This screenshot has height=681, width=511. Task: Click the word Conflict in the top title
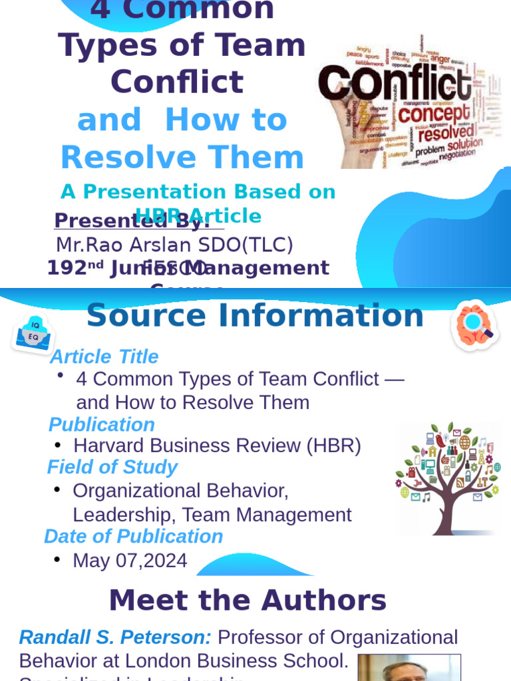(x=177, y=82)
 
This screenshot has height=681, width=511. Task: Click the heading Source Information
(x=255, y=316)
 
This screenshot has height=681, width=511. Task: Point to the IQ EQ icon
(x=33, y=333)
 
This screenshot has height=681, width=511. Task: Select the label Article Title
(x=104, y=357)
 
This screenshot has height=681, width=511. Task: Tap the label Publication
(x=102, y=425)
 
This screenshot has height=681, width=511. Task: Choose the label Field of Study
(x=112, y=468)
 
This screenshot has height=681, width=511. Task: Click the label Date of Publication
(x=133, y=537)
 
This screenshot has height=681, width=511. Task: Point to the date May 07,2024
(x=130, y=561)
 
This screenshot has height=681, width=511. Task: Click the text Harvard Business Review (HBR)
(x=217, y=446)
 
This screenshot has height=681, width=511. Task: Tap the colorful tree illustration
(x=447, y=477)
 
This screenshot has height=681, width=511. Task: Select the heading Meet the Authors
(x=248, y=601)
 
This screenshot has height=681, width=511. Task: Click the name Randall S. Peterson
(x=115, y=638)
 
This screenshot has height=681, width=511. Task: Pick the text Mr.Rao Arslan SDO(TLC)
(x=174, y=245)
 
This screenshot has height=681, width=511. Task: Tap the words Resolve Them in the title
(x=182, y=158)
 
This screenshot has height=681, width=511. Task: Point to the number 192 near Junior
(x=67, y=269)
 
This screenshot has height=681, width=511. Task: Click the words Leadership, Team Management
(x=212, y=515)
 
